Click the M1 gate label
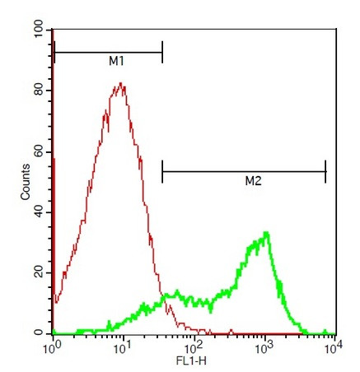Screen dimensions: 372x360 pos(116,62)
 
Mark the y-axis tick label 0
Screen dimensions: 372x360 pos(38,332)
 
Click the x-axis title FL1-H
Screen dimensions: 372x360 pos(194,362)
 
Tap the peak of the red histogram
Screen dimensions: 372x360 pos(121,83)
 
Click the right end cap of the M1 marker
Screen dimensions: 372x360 pos(162,53)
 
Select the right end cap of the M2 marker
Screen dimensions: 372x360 pos(326,171)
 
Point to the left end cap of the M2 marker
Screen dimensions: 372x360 pos(162,171)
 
